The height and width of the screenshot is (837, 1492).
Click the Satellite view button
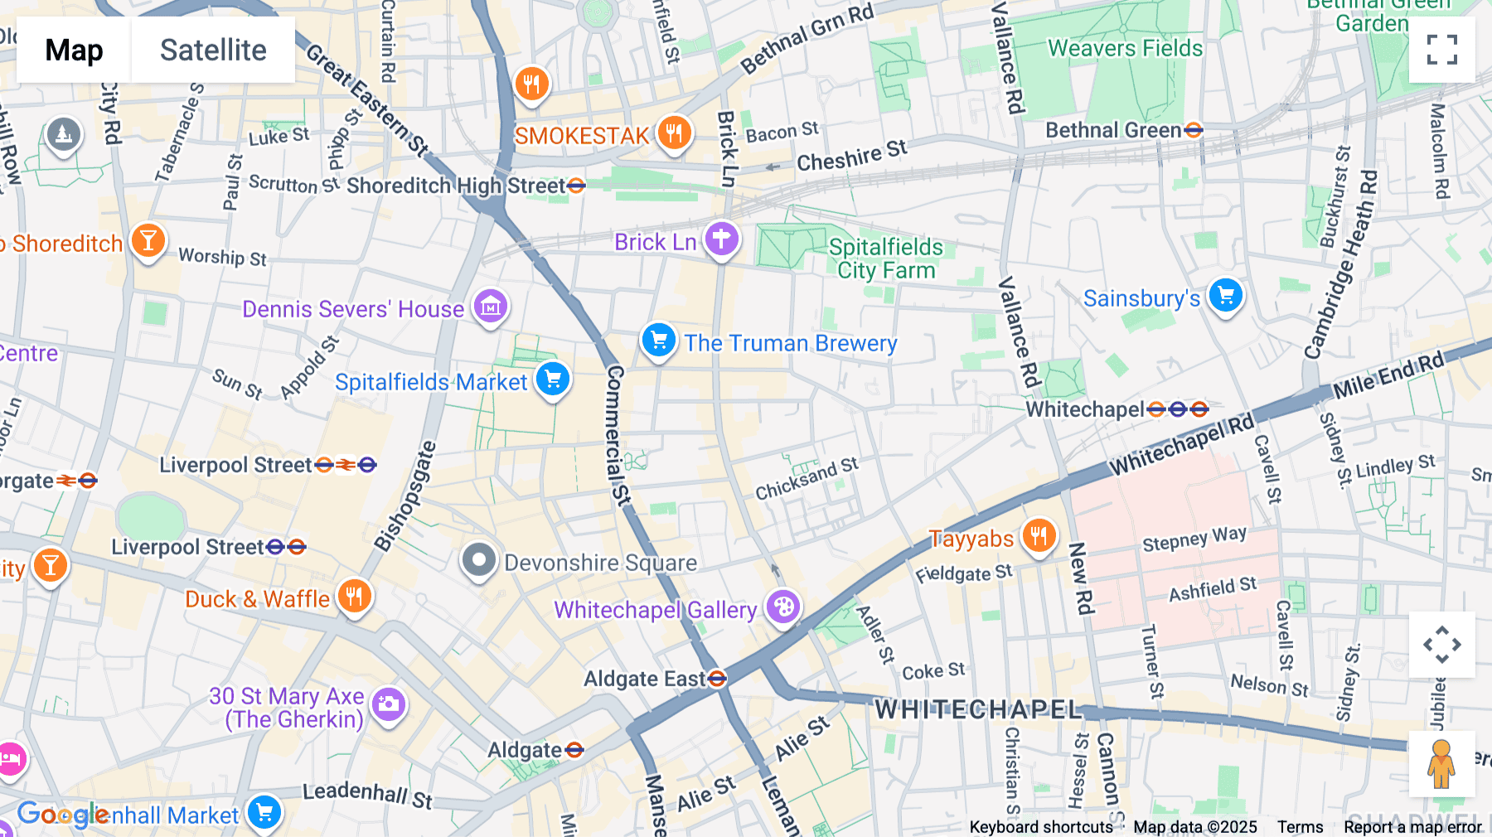[x=213, y=50]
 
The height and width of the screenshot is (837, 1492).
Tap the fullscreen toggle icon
[x=1441, y=50]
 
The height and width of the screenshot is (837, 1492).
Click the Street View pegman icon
[x=1441, y=764]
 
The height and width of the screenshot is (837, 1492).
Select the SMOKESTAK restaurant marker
[x=674, y=133]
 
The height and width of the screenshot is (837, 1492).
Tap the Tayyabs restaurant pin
[x=1038, y=536]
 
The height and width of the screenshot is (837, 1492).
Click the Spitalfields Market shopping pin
[x=553, y=380]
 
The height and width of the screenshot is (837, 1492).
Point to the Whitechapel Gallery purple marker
[x=783, y=607]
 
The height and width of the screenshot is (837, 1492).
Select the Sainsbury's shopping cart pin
[x=1225, y=296]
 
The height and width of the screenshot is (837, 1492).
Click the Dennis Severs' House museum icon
[x=490, y=307]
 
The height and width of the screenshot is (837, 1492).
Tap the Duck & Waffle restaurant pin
[x=354, y=596]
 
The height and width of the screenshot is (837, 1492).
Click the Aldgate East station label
[x=645, y=680]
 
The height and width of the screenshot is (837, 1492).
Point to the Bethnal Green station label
[x=1113, y=130]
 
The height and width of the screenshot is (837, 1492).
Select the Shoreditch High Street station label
[x=456, y=186]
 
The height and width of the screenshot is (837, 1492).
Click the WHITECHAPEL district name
[x=978, y=709]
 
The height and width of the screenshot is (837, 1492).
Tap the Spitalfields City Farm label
[x=885, y=259]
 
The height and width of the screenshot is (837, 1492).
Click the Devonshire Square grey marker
[x=478, y=561]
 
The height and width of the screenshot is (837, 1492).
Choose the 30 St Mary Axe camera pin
[x=388, y=705]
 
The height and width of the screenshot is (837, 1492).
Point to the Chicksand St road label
[x=806, y=479]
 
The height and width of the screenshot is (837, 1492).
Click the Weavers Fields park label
[x=1125, y=48]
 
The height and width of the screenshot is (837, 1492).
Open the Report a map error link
[x=1412, y=827]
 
